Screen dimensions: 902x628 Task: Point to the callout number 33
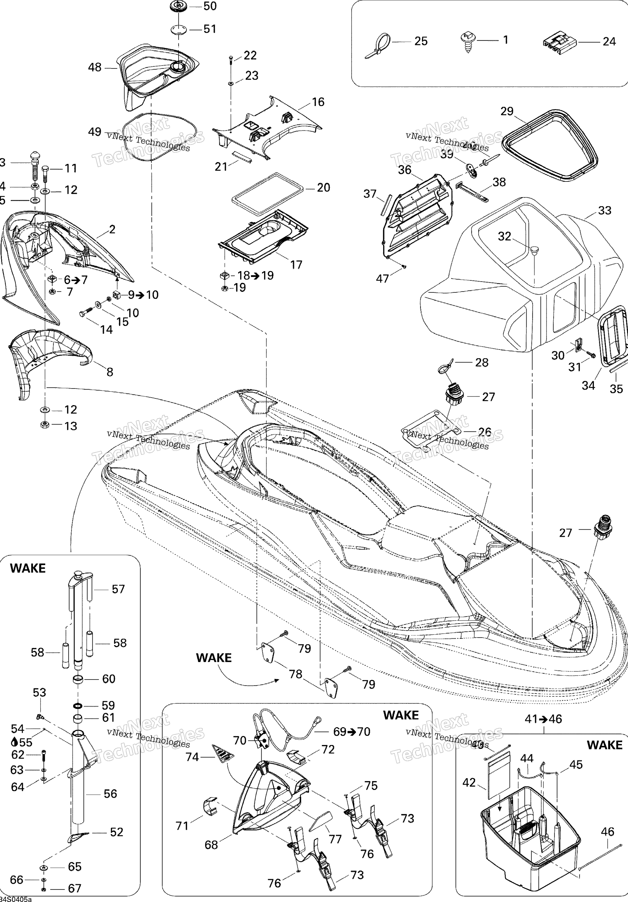[x=605, y=211]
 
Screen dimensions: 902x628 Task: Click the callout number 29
[x=507, y=111]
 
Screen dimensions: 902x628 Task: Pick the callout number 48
[x=95, y=68]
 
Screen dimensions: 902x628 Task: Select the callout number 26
[x=485, y=432]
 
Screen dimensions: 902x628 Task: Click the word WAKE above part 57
[x=28, y=568]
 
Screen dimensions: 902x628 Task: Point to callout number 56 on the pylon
[x=110, y=794]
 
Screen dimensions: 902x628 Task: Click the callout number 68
[x=211, y=845]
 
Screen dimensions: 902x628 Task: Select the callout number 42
[x=469, y=783]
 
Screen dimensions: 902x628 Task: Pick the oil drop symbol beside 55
[x=14, y=742]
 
